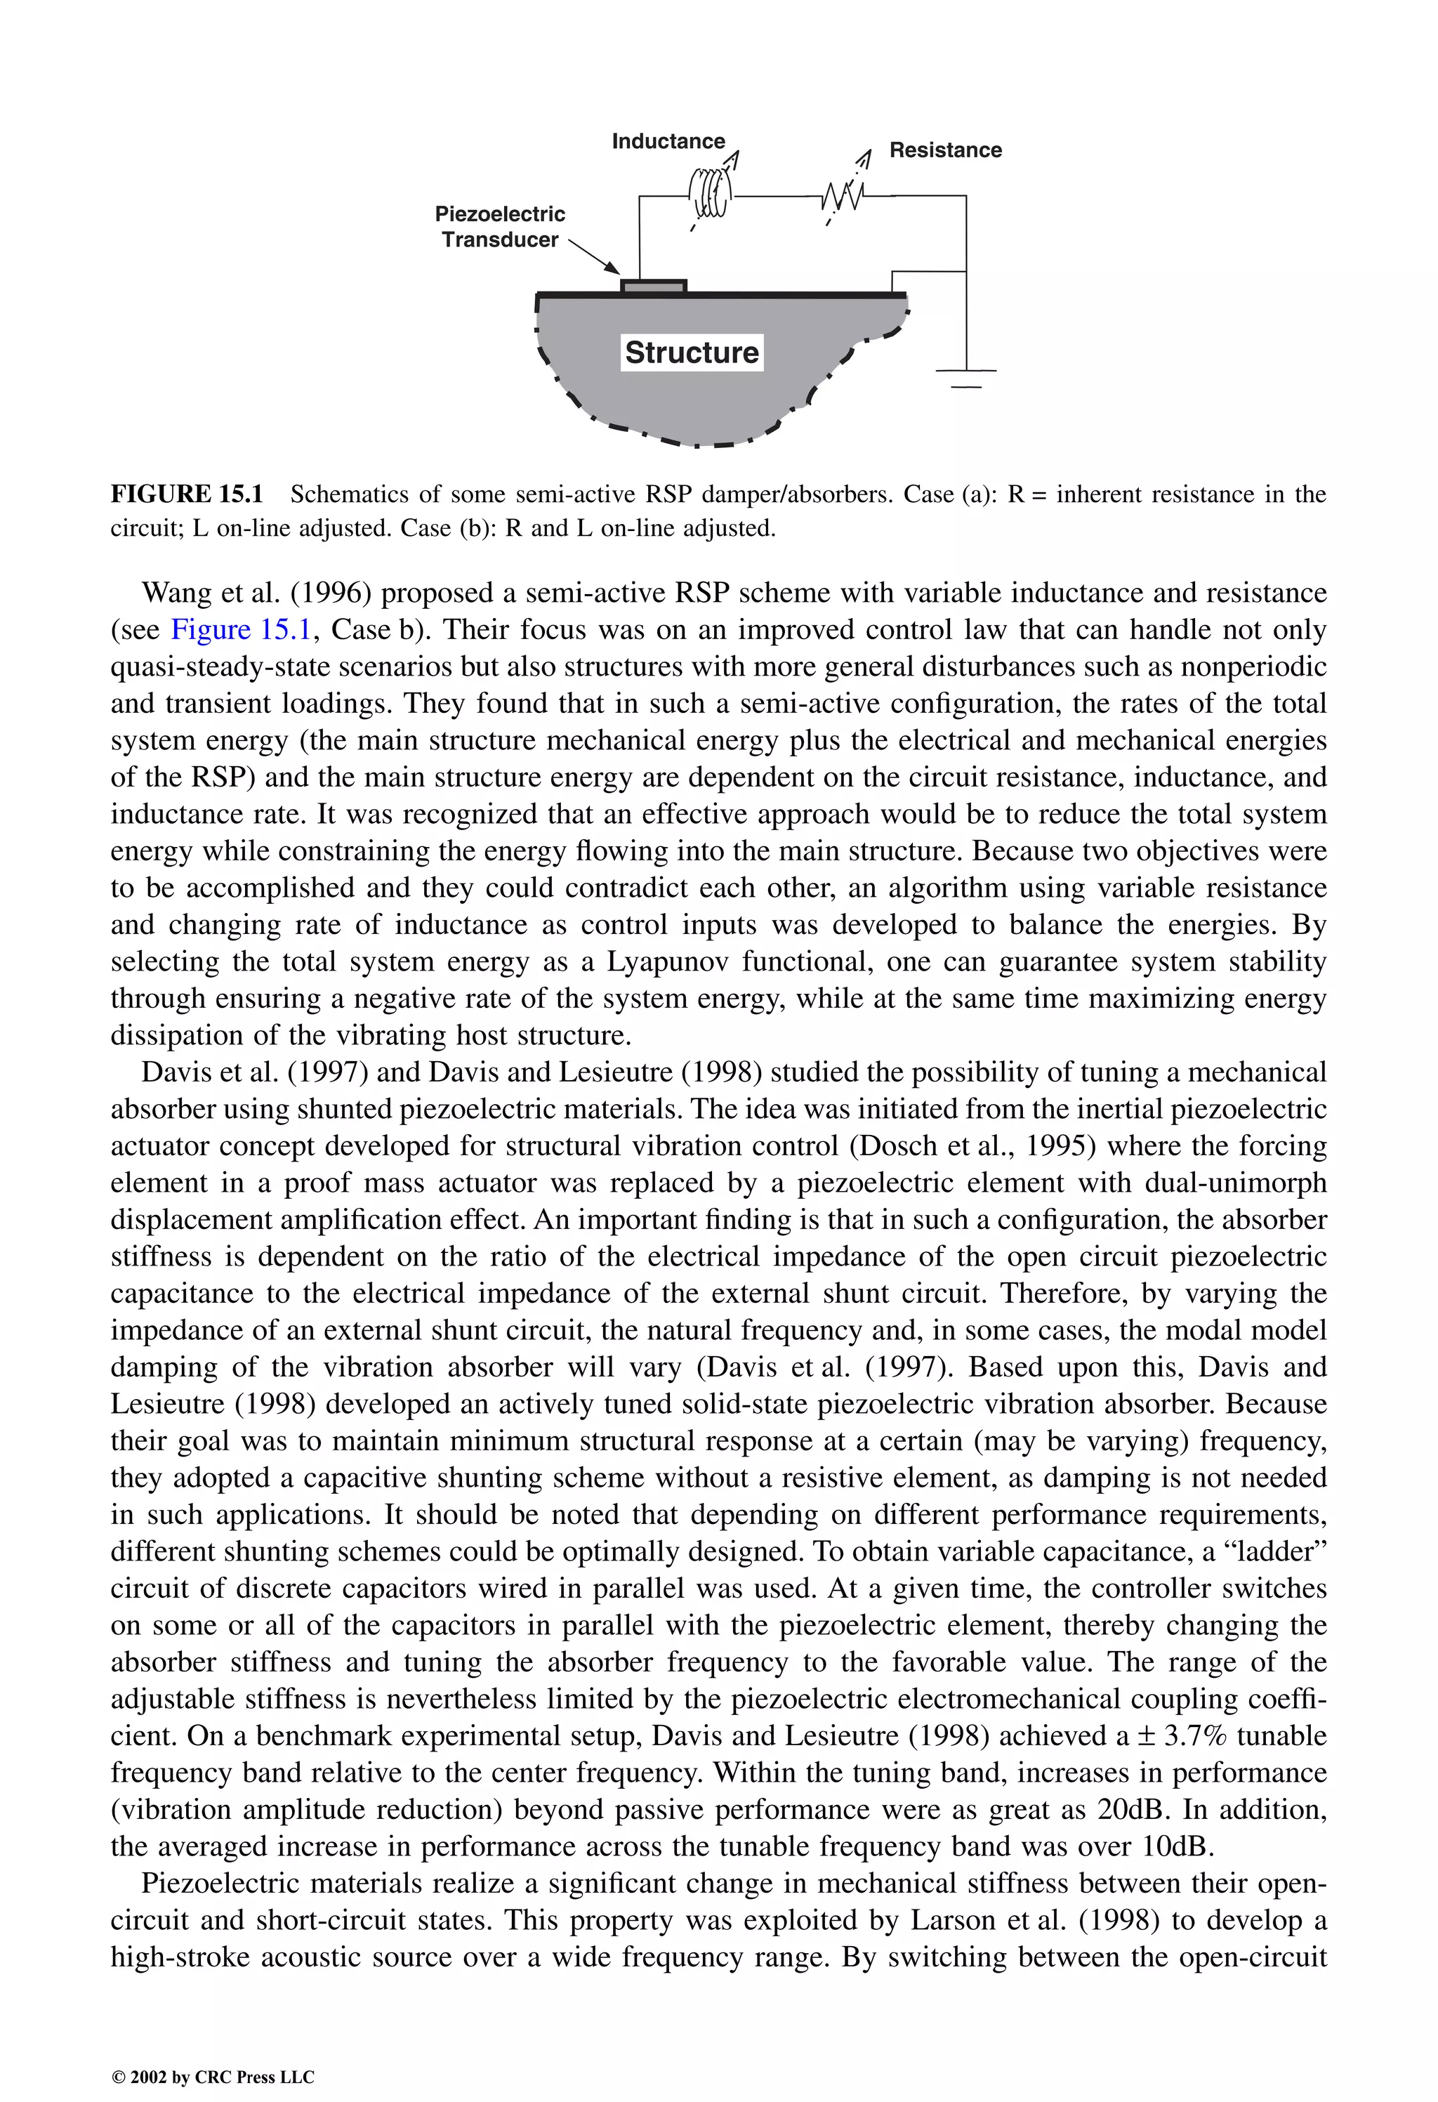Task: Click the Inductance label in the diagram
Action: [x=668, y=141]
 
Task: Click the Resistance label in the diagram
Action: [x=945, y=150]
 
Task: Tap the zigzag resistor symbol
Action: [x=842, y=195]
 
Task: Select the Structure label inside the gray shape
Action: [x=692, y=352]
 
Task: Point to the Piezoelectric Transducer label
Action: [x=500, y=227]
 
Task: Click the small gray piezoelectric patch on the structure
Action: [x=653, y=287]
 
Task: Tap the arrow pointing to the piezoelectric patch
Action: [x=593, y=256]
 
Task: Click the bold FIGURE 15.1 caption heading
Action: [x=187, y=494]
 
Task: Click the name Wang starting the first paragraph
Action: [x=176, y=593]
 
